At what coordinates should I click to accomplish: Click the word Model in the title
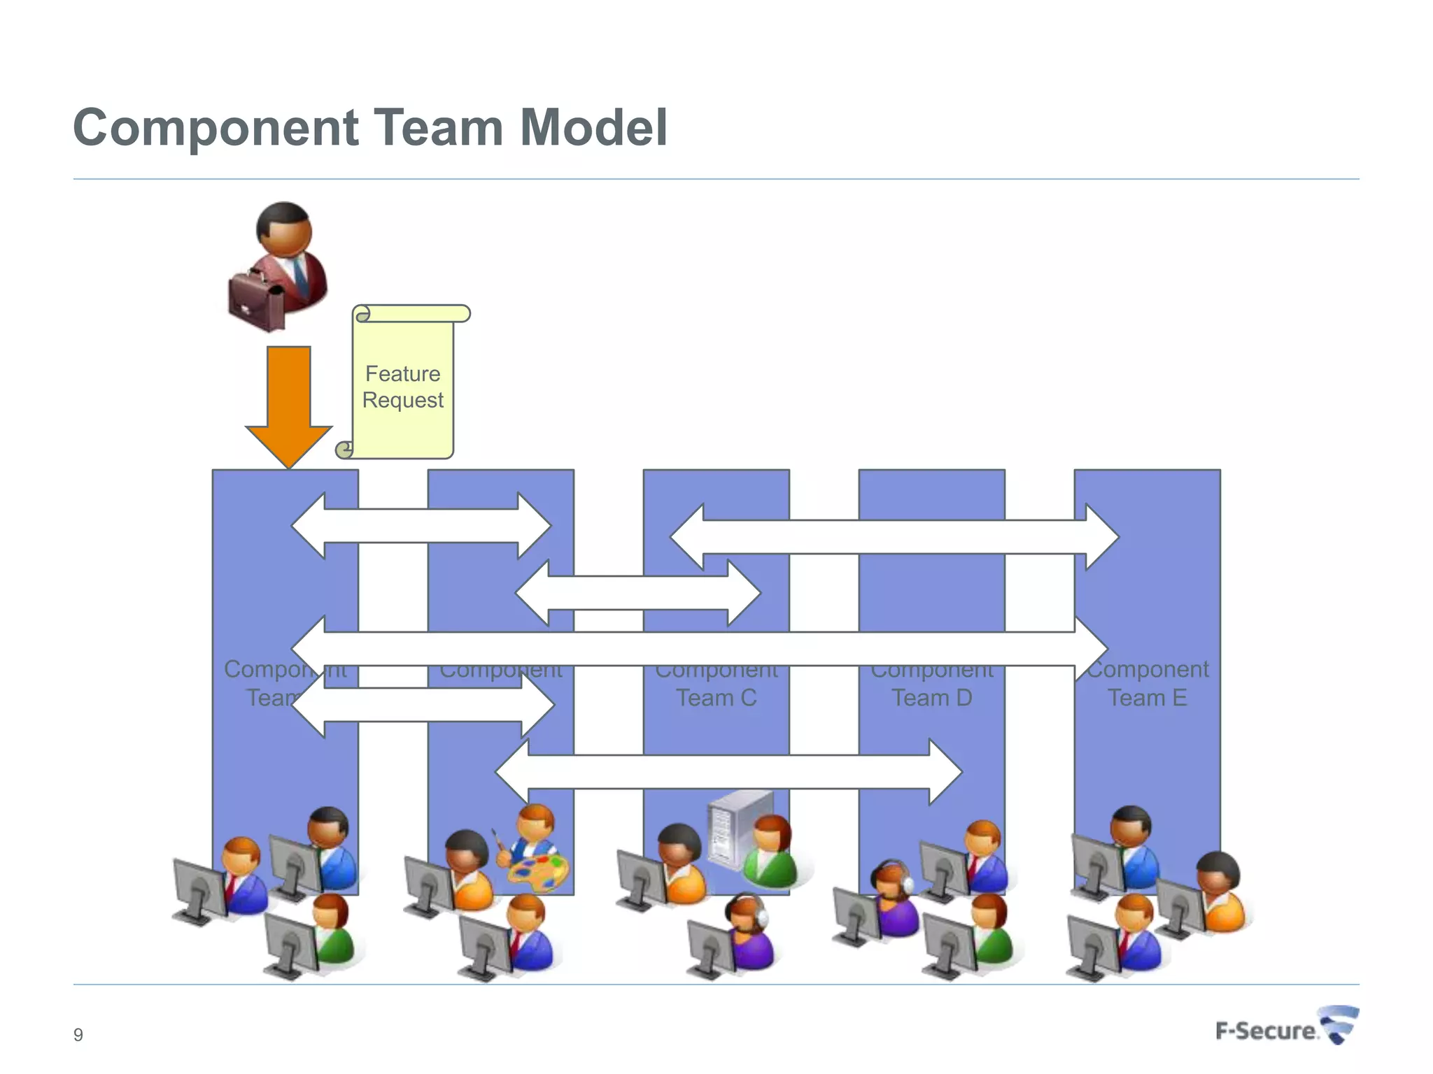tap(593, 128)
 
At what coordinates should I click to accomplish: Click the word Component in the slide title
tap(216, 128)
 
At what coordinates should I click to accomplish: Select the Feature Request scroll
tap(403, 385)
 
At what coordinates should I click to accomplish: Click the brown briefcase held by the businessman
tap(255, 301)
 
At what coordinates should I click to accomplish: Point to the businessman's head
tap(284, 227)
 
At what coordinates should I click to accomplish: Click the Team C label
tap(716, 698)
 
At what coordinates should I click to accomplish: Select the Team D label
tap(932, 698)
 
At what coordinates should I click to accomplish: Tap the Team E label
tap(1148, 698)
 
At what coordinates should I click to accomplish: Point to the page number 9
tap(78, 1035)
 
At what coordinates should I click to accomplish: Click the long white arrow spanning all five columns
tap(700, 649)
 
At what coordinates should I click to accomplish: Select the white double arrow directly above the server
tap(728, 772)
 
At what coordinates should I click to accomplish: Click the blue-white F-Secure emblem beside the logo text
tap(1339, 1024)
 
